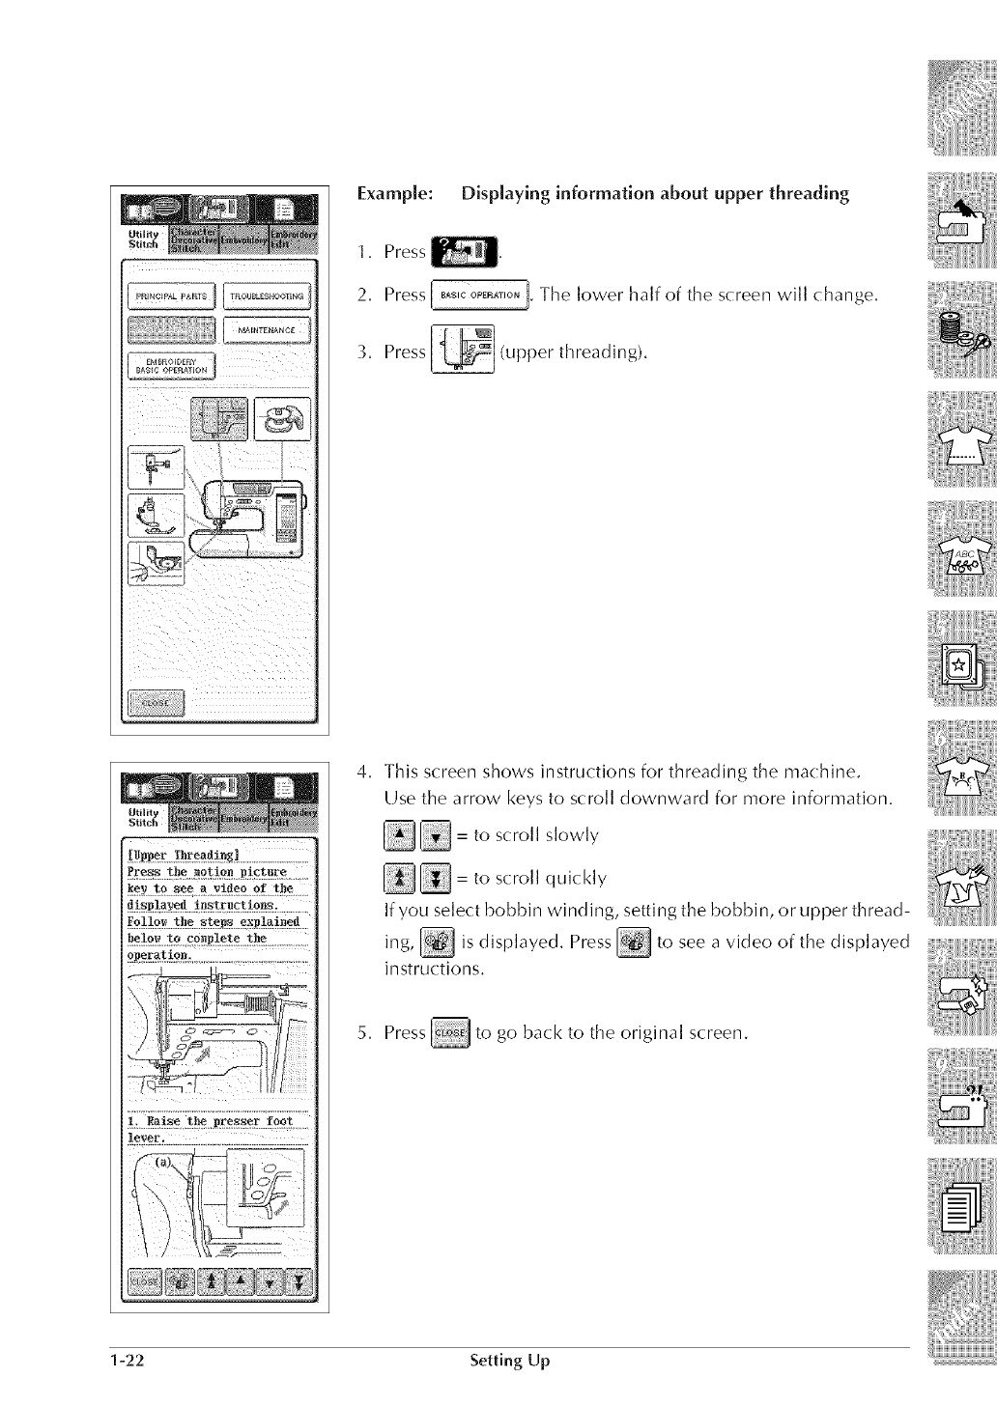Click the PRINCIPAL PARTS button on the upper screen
pyautogui.click(x=172, y=295)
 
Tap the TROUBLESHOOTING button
pyautogui.click(x=267, y=295)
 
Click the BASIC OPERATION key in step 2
pyautogui.click(x=479, y=295)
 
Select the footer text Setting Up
pyautogui.click(x=508, y=1362)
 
